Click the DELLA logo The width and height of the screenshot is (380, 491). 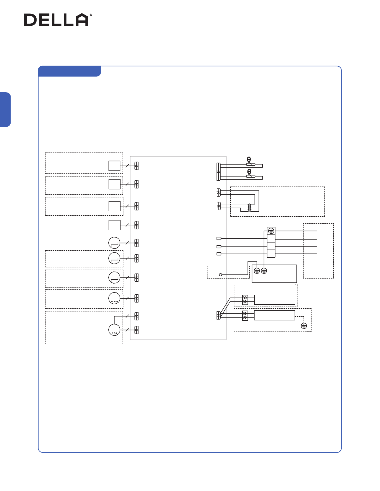(x=58, y=20)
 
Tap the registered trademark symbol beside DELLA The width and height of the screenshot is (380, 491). (x=90, y=15)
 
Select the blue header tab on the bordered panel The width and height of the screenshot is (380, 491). (x=70, y=71)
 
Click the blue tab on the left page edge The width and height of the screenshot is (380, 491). (x=5, y=110)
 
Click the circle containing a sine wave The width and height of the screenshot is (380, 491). (x=114, y=330)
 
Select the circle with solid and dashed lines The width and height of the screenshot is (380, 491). (x=114, y=298)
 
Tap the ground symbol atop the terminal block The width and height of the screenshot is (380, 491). (x=271, y=231)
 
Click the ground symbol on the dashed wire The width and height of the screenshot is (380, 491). (x=304, y=326)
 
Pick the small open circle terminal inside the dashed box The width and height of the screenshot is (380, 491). (x=221, y=275)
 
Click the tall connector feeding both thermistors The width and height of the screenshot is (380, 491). (x=219, y=171)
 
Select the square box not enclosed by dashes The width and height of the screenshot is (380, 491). (x=114, y=225)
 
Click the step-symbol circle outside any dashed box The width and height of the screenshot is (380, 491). (x=114, y=243)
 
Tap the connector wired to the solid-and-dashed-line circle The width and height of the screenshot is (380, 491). (x=136, y=298)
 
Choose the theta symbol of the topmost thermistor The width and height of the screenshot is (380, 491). (x=249, y=159)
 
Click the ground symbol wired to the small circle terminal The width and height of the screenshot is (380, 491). (x=257, y=270)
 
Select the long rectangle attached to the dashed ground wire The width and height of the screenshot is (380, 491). (x=274, y=315)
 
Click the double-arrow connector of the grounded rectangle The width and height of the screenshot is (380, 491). (x=245, y=315)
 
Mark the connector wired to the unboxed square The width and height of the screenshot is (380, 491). (x=136, y=225)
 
